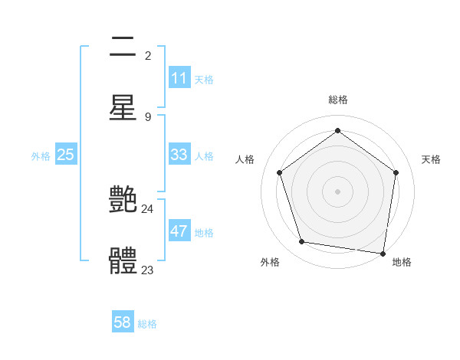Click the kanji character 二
(123, 48)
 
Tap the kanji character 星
(123, 107)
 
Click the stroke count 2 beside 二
(148, 56)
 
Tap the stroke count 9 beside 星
(148, 116)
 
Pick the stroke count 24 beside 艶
(148, 208)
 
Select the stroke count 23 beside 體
(148, 270)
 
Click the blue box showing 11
(179, 78)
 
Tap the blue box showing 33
(179, 155)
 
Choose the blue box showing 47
(179, 231)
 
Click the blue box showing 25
(66, 155)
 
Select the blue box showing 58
(123, 322)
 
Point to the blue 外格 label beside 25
(41, 156)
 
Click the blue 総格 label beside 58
(147, 324)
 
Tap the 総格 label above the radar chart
(337, 100)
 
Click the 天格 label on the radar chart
(431, 159)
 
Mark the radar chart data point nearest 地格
(383, 253)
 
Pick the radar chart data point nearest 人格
(279, 172)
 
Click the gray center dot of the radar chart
(337, 191)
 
